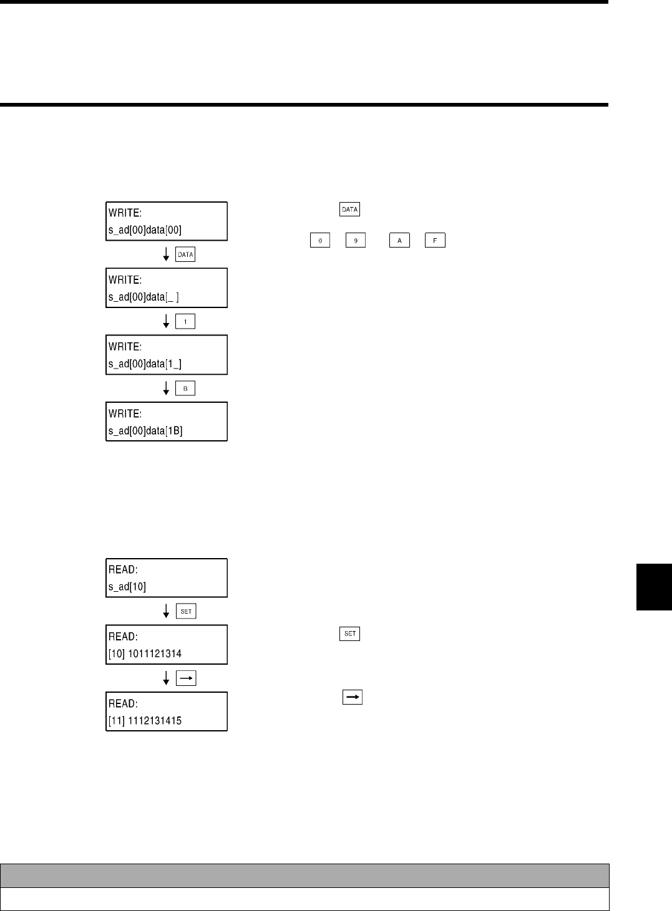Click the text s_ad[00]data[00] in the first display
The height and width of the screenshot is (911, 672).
pos(145,229)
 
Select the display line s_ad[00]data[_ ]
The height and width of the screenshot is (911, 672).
pos(144,297)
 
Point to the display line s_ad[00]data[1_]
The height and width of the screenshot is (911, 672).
pos(145,364)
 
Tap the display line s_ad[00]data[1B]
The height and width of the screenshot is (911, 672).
pos(145,431)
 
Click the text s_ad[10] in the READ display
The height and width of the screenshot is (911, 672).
pos(127,587)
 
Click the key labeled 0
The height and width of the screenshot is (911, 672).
pos(319,240)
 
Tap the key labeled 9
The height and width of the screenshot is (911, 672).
pos(354,240)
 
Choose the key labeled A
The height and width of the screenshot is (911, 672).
pos(399,240)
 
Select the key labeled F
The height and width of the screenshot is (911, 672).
pos(435,240)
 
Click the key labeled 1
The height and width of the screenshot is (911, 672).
pos(186,322)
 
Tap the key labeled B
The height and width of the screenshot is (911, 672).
pos(186,388)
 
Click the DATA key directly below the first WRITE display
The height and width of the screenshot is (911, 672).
pos(186,254)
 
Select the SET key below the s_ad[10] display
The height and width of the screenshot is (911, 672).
pos(186,612)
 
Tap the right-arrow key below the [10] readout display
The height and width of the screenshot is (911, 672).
pos(186,678)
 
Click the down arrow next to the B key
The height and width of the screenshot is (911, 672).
pos(166,388)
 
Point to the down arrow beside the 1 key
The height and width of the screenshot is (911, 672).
pos(166,322)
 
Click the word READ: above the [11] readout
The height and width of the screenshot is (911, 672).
pos(122,703)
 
